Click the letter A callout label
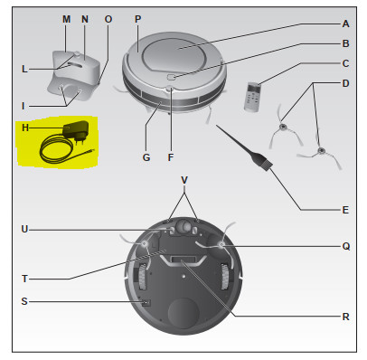pyautogui.click(x=345, y=24)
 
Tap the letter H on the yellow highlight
pyautogui.click(x=25, y=128)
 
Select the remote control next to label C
pyautogui.click(x=252, y=97)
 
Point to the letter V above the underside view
pyautogui.click(x=184, y=180)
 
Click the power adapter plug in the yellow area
pyautogui.click(x=76, y=131)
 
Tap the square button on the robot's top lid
pyautogui.click(x=171, y=77)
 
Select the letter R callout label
pyautogui.click(x=345, y=317)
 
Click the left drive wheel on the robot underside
pyautogui.click(x=143, y=276)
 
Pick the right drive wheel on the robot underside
pyautogui.click(x=225, y=277)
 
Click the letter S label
pyautogui.click(x=24, y=301)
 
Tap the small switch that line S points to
pyautogui.click(x=146, y=303)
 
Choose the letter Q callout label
pyautogui.click(x=346, y=247)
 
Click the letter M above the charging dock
pyautogui.click(x=66, y=19)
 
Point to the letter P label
pyautogui.click(x=137, y=19)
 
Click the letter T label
pyautogui.click(x=24, y=279)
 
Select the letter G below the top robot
pyautogui.click(x=146, y=157)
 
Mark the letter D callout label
pyautogui.click(x=345, y=83)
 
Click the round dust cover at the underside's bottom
pyautogui.click(x=183, y=314)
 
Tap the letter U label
pyautogui.click(x=24, y=230)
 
